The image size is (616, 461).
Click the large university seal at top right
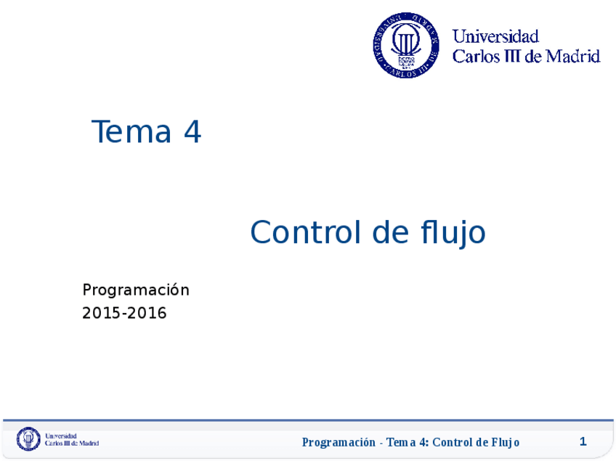[406, 45]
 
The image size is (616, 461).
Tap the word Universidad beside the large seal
[495, 36]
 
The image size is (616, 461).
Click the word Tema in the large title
[131, 132]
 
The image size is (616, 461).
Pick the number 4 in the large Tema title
[192, 132]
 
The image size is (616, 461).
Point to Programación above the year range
[136, 290]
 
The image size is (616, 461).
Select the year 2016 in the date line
[148, 314]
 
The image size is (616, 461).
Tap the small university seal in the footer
[28, 439]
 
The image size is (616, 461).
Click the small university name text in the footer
[71, 439]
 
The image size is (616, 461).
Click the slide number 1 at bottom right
[583, 441]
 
